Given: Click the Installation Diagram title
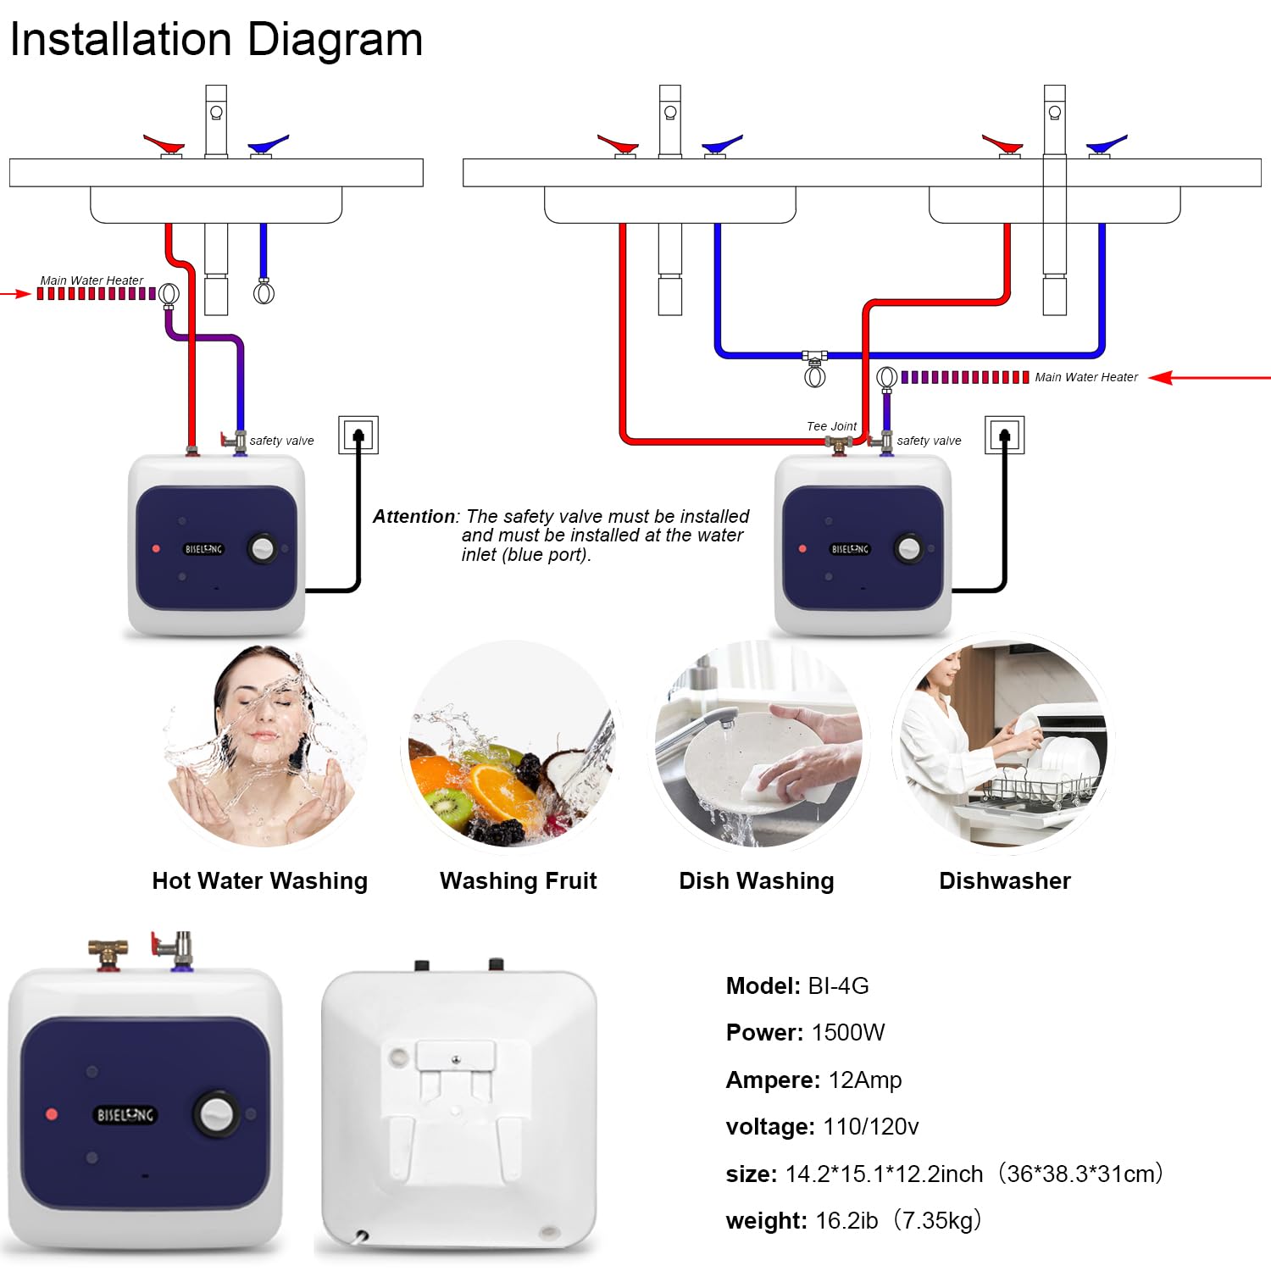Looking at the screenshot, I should (x=216, y=40).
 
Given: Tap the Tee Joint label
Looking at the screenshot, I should (x=831, y=426).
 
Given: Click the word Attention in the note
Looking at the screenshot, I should (x=414, y=516).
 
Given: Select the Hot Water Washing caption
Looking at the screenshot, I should (x=259, y=881).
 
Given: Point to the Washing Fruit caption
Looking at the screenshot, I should (x=518, y=881).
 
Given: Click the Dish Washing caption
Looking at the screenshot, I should (x=756, y=881).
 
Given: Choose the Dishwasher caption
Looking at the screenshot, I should (x=1004, y=881).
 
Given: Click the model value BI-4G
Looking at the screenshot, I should (x=838, y=986).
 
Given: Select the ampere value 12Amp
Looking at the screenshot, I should (x=864, y=1080).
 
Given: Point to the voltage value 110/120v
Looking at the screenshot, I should (x=870, y=1127).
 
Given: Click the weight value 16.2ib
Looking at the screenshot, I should (x=846, y=1221).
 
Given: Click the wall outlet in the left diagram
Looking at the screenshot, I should (x=358, y=436).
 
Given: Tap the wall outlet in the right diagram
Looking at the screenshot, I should (x=1005, y=436).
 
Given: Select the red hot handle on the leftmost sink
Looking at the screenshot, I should (x=164, y=143).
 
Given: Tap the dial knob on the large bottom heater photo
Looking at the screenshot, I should (x=215, y=1113).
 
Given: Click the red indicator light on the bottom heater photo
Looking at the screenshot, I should (x=52, y=1113).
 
